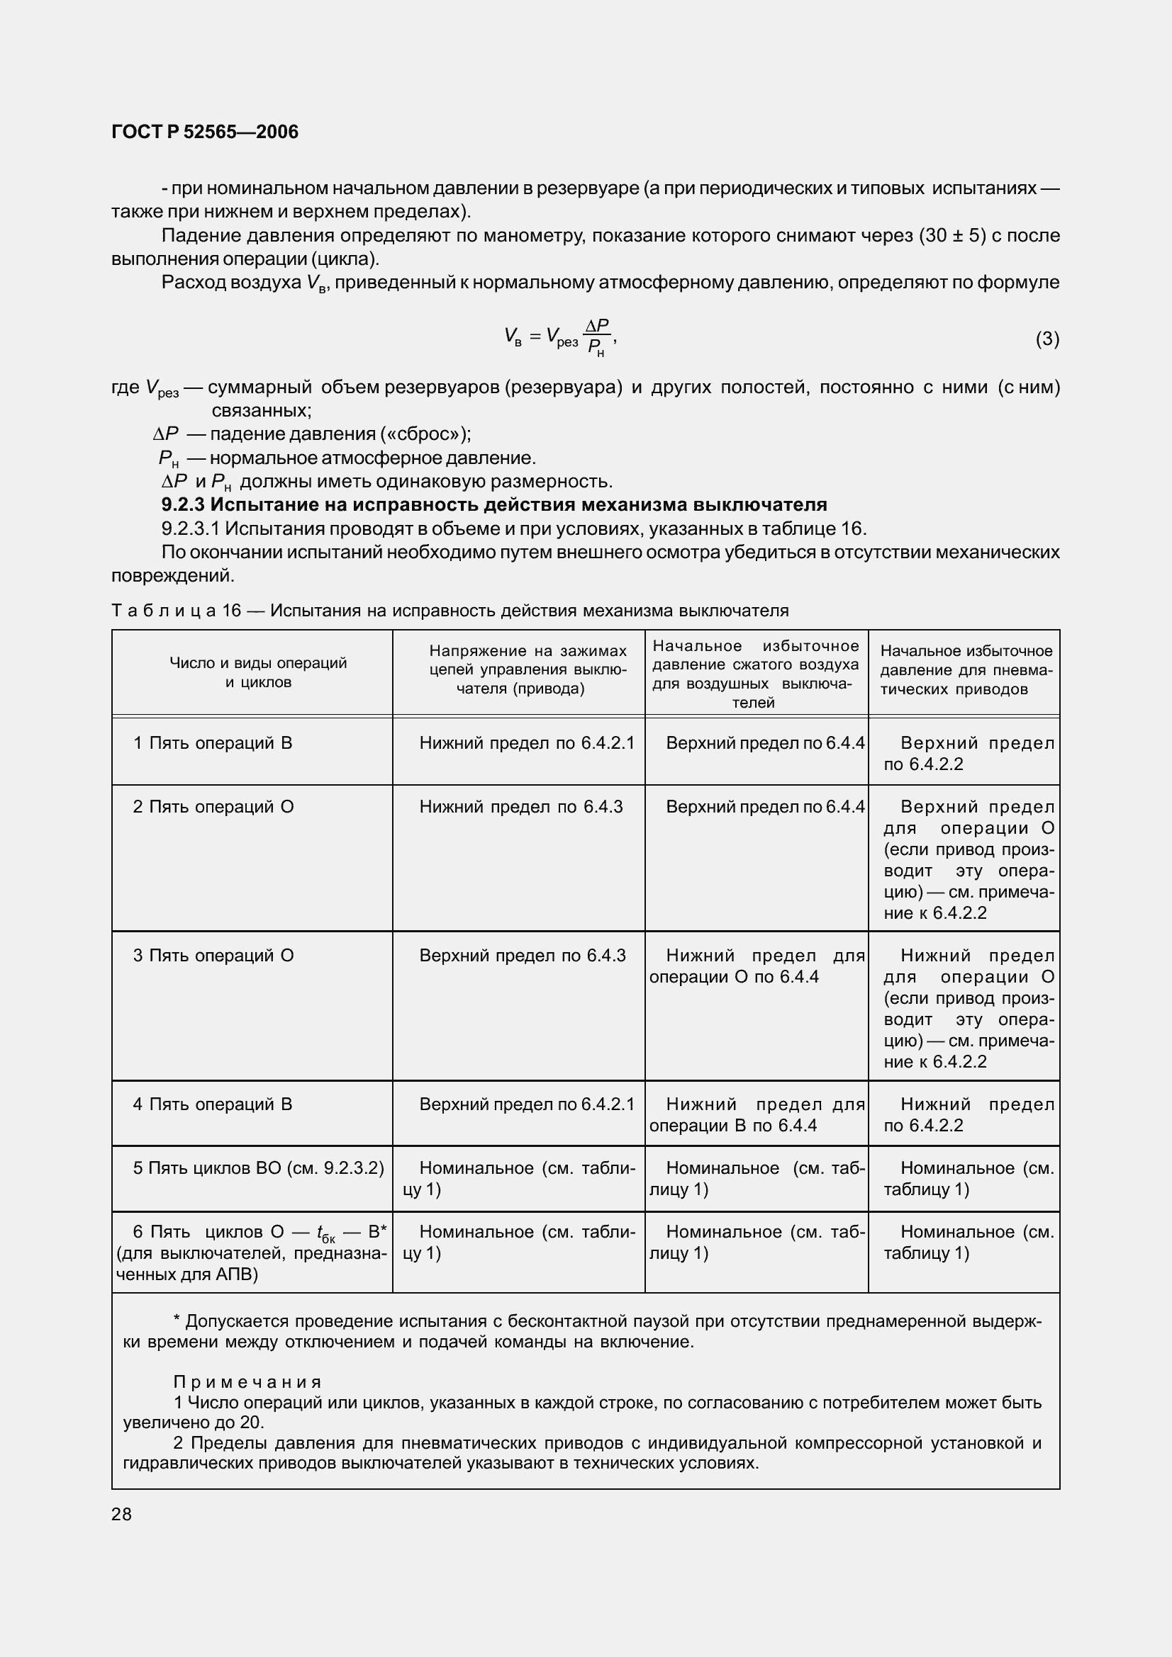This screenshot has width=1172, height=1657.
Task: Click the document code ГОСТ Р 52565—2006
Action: tap(205, 132)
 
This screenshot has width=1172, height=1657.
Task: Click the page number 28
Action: tap(121, 1514)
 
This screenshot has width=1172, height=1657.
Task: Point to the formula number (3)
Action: tap(1047, 339)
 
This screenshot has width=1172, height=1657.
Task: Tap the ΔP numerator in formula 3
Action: tap(597, 325)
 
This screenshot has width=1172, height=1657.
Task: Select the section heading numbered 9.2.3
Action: tap(494, 504)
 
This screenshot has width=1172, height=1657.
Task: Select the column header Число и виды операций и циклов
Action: tap(258, 672)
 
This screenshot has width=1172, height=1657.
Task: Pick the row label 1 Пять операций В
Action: tap(213, 742)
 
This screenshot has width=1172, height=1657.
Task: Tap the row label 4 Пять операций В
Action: tap(212, 1104)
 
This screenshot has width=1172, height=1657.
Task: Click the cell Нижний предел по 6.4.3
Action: tap(520, 807)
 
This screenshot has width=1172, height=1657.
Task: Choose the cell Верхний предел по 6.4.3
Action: tap(522, 956)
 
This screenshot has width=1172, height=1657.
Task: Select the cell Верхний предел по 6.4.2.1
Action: tap(526, 1104)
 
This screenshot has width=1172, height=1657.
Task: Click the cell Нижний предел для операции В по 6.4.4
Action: tap(756, 1115)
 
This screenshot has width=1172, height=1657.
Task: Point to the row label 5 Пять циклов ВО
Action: tap(258, 1167)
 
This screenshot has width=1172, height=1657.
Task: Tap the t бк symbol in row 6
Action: tap(325, 1233)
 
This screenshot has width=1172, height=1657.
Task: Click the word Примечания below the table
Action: tap(247, 1382)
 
